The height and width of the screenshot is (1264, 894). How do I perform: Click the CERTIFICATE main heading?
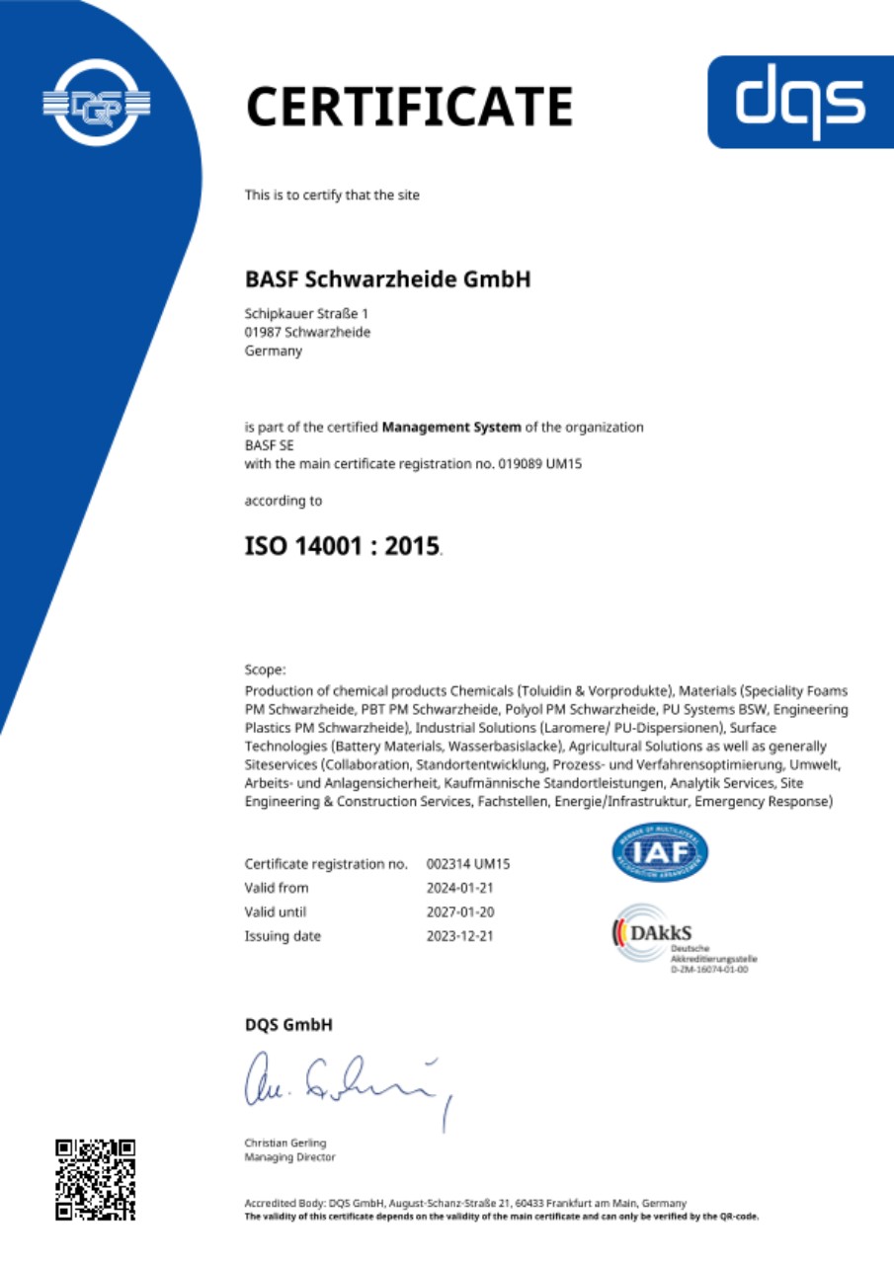(x=409, y=107)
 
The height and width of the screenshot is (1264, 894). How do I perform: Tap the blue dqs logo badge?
(x=801, y=102)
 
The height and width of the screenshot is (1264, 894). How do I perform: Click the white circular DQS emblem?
(x=95, y=102)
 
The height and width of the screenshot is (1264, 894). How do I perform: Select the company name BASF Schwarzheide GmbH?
(x=387, y=279)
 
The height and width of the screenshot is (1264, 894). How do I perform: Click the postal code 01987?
(x=262, y=332)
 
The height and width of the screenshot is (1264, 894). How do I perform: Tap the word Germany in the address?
(x=274, y=350)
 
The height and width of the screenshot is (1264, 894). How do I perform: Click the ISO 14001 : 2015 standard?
(x=342, y=545)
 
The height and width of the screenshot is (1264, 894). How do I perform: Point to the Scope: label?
(x=265, y=669)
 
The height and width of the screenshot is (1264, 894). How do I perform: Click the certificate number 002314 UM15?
(x=467, y=864)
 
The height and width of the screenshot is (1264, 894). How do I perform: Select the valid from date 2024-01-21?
(x=459, y=888)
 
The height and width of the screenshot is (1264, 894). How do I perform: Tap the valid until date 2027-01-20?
(x=459, y=911)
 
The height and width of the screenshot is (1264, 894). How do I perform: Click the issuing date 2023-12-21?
(x=459, y=936)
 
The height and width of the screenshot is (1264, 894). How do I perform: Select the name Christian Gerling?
(x=285, y=1143)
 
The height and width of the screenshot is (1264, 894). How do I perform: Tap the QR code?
(x=95, y=1179)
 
